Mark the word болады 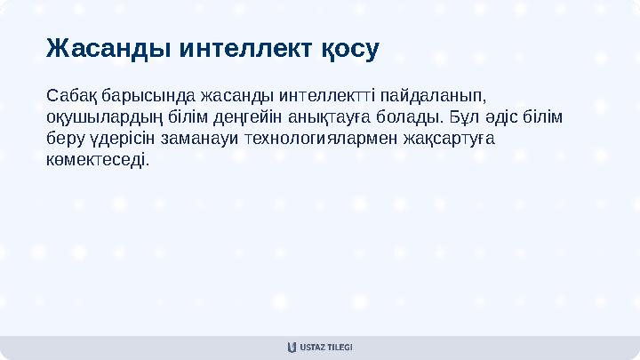tap(409, 116)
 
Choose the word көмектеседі tap(98, 161)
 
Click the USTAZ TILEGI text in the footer tap(327, 348)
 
